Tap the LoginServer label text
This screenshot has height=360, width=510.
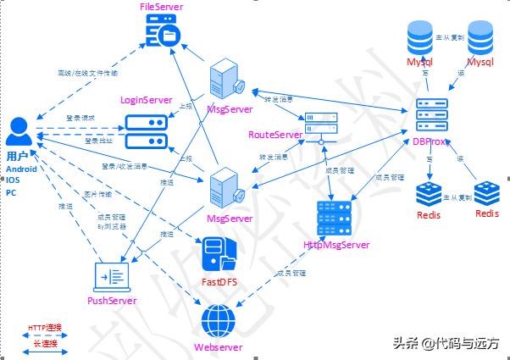click(x=147, y=100)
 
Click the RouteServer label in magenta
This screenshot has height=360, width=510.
click(x=275, y=135)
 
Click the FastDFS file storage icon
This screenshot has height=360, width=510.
click(x=218, y=254)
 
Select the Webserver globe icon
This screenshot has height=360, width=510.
click(x=219, y=323)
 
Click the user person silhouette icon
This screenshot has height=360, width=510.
click(x=20, y=134)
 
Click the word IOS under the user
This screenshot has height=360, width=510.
click(x=13, y=180)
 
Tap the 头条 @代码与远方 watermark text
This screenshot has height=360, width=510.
click(x=445, y=343)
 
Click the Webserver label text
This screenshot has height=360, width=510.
click(x=219, y=347)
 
